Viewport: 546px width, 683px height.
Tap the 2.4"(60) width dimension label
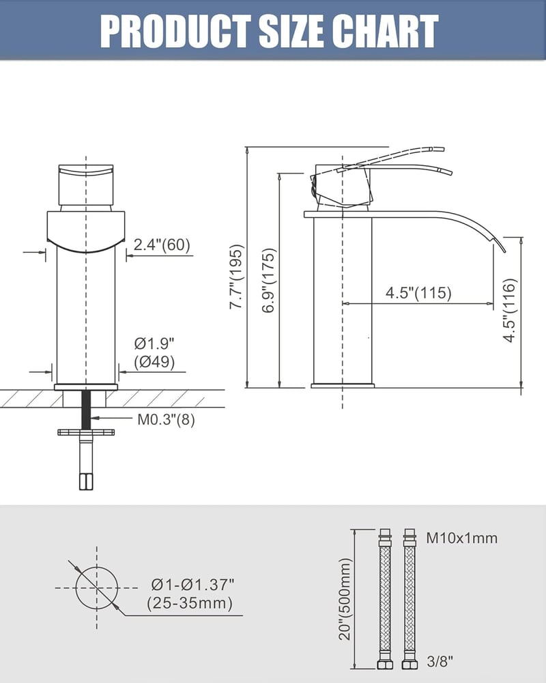tap(162, 245)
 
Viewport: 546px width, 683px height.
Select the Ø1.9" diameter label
tap(154, 344)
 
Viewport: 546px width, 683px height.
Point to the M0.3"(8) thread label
tap(166, 419)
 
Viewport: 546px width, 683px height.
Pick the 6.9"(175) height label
tap(268, 281)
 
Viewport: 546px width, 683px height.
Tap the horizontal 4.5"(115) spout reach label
tap(418, 293)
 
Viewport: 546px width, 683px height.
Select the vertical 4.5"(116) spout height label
tap(509, 310)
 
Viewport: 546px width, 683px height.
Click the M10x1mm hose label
tap(461, 538)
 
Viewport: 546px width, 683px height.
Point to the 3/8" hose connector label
tap(440, 662)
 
